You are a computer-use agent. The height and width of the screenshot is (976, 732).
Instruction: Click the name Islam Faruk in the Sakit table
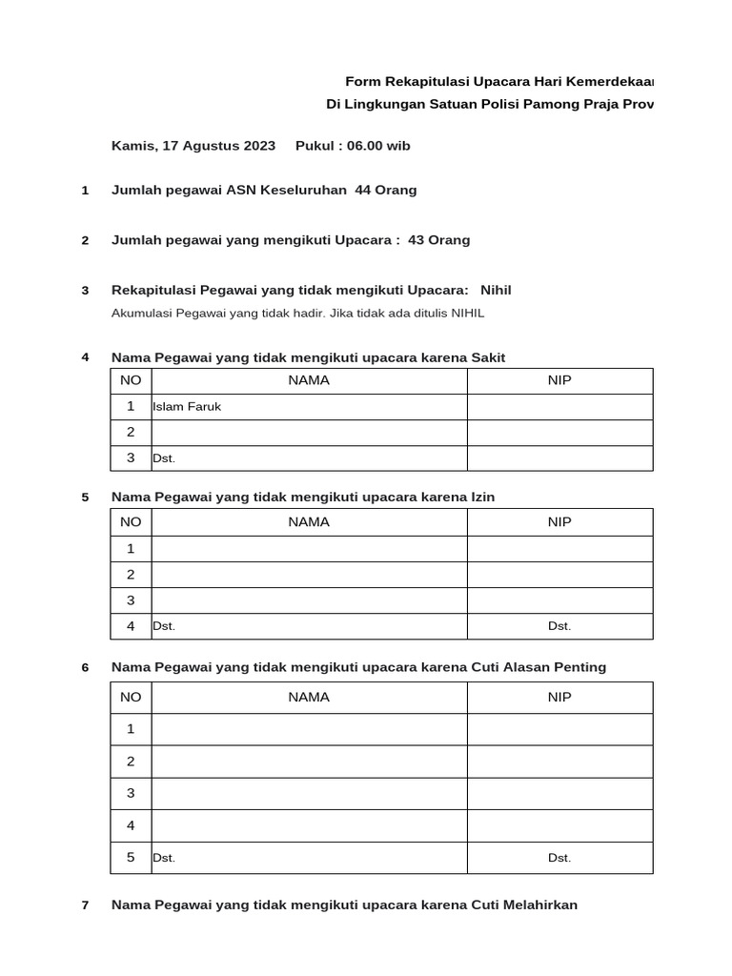tap(187, 407)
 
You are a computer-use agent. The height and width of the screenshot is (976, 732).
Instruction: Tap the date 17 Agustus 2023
tap(219, 146)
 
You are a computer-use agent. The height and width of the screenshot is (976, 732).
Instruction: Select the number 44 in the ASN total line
tap(363, 190)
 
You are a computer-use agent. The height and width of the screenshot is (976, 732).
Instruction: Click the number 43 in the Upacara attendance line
tap(416, 240)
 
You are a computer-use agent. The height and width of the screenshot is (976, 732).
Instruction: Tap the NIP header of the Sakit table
tap(559, 380)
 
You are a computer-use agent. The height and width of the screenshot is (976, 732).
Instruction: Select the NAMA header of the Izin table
tap(309, 521)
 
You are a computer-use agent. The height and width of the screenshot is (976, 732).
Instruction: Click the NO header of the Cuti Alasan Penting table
tap(131, 697)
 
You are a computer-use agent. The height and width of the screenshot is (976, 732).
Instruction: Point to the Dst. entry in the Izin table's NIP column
tap(559, 626)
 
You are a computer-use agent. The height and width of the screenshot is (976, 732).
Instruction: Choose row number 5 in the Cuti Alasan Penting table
tap(131, 857)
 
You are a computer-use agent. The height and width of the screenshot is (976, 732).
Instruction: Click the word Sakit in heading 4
tap(488, 357)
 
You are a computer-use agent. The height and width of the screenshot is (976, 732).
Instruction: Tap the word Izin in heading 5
tap(483, 497)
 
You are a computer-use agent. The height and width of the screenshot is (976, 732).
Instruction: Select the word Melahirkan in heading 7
tap(540, 905)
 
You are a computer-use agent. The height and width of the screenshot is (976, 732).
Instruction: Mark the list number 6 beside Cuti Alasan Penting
tap(85, 667)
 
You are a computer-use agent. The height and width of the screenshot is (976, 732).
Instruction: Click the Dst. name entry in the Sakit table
tap(164, 458)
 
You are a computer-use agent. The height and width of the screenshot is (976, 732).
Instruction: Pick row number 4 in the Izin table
tap(131, 626)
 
